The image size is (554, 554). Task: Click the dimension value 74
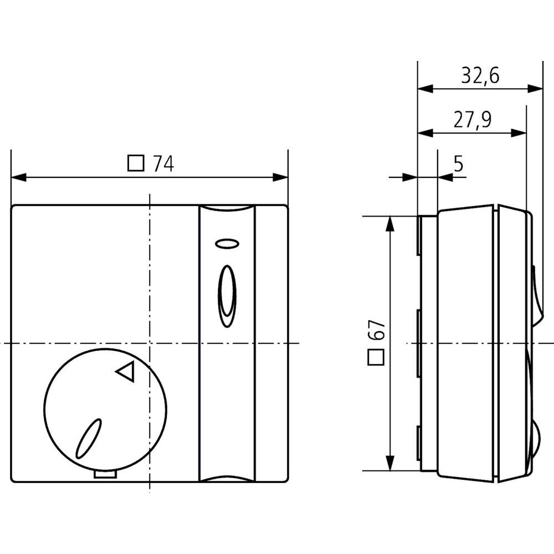163,164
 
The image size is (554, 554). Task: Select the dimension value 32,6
480,75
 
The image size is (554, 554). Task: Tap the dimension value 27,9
473,120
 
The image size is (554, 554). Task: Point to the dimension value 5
458,163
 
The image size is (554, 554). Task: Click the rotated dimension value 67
376,331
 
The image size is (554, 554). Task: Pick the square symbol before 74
136,164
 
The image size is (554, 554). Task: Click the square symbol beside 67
376,357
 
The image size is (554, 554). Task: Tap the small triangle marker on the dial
126,372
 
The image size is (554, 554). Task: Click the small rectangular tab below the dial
105,474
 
